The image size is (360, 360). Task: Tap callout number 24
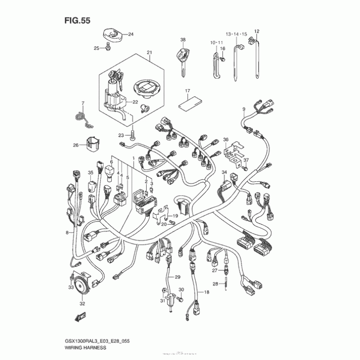(x=131, y=35)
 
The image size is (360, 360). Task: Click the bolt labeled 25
(x=108, y=48)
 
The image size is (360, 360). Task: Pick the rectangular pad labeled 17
(x=185, y=104)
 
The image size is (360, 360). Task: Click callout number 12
(x=257, y=31)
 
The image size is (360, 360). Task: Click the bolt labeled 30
(x=180, y=298)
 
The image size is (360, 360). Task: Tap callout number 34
(x=224, y=172)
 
